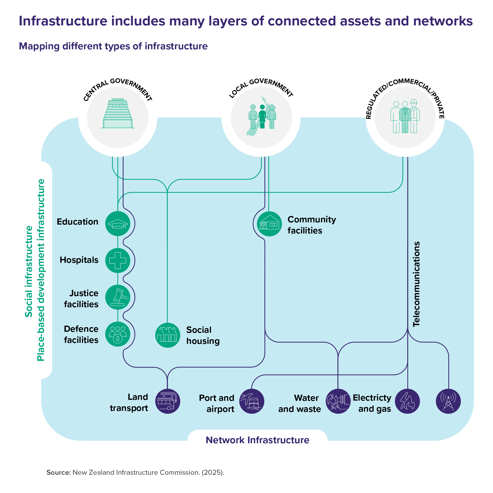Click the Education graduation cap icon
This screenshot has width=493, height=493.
(x=118, y=224)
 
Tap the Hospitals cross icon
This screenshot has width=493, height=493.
(x=118, y=261)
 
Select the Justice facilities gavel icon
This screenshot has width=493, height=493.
(x=118, y=297)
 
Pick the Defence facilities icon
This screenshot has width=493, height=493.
(x=118, y=334)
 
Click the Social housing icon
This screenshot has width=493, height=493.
(x=167, y=335)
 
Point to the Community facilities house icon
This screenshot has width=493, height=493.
(x=269, y=224)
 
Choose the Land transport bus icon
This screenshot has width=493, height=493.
(x=167, y=401)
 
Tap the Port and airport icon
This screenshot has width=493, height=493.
(x=252, y=401)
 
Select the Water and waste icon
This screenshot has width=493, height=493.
(x=338, y=401)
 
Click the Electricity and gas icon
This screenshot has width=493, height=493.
(x=407, y=401)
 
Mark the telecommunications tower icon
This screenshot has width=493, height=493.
(x=448, y=401)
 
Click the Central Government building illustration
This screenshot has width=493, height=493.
(x=118, y=114)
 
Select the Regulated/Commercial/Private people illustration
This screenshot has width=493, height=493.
(x=405, y=117)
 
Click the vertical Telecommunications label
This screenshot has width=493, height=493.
(x=416, y=284)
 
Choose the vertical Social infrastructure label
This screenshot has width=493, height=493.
(x=29, y=271)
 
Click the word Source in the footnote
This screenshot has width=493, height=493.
(x=58, y=473)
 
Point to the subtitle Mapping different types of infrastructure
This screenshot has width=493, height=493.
(x=113, y=46)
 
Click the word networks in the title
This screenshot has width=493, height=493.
(x=443, y=21)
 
